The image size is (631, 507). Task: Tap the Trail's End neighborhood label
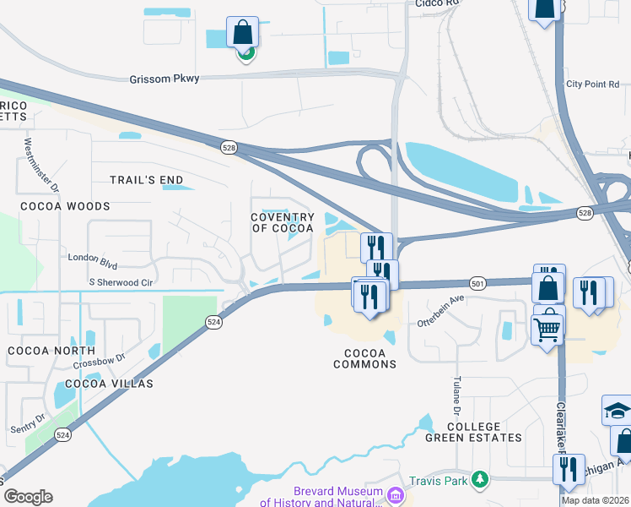pos(147,180)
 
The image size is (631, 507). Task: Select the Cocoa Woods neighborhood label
pos(65,206)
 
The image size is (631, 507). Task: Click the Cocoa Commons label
pos(364,358)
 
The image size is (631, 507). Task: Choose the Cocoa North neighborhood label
pos(51,350)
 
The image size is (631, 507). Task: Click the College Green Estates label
pos(485,432)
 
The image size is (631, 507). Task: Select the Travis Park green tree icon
pos(480,479)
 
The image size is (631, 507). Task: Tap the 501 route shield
pos(477,284)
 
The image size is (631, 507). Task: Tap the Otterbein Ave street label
pos(440,311)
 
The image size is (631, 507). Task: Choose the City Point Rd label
pos(592,84)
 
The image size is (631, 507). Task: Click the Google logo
pos(27,497)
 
